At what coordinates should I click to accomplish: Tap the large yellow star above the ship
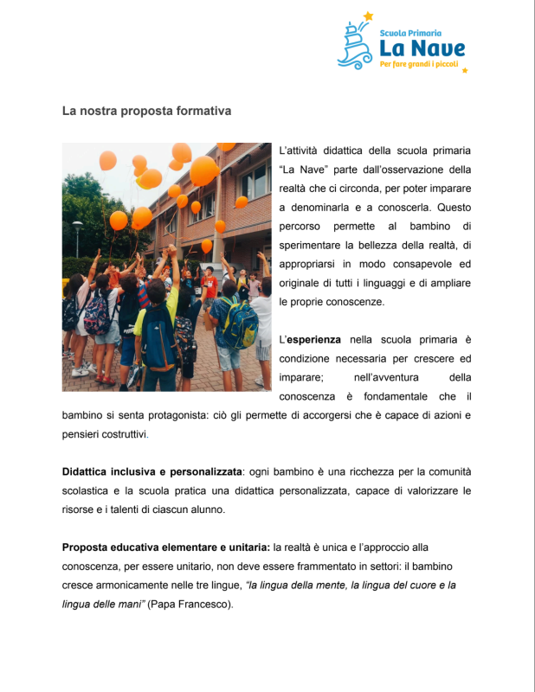coord(368,16)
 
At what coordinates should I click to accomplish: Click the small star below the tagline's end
coord(465,70)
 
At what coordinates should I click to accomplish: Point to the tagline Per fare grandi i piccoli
coord(418,64)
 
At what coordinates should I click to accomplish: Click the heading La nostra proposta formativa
coord(146,112)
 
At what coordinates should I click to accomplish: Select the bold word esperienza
coord(313,339)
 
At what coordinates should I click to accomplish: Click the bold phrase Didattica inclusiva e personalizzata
coord(151,472)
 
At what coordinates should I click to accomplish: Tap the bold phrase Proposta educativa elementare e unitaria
coord(166,548)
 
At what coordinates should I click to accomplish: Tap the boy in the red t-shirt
coord(209,285)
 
